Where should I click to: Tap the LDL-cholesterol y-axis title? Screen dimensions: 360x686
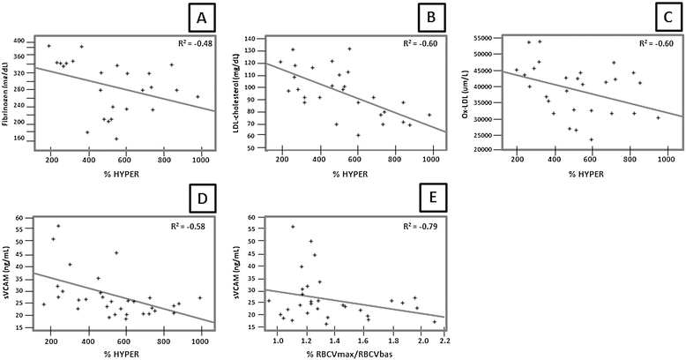coord(237,94)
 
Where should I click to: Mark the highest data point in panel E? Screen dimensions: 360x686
coord(293,227)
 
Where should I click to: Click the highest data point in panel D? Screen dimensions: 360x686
coord(58,226)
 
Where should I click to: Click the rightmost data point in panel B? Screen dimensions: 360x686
coord(429,115)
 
